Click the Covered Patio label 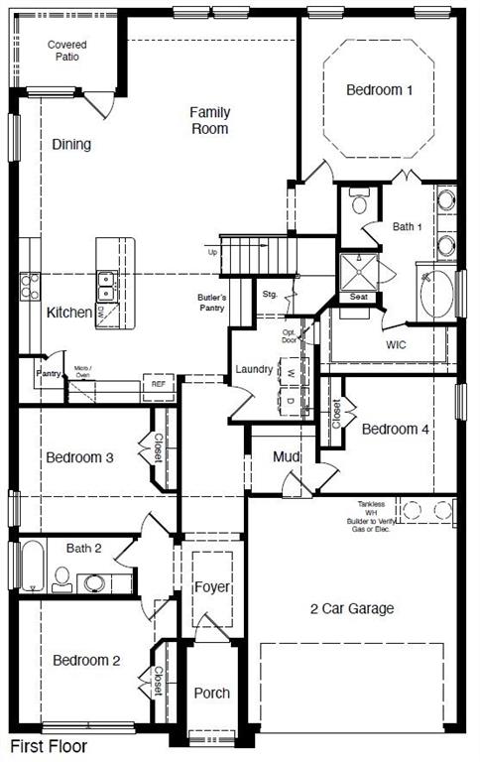coord(67,50)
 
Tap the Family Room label coord(209,120)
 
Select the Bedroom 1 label coord(379,90)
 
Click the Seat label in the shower coord(358,297)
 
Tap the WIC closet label coord(397,344)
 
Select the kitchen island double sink coord(107,286)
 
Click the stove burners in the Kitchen coord(27,287)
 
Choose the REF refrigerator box coord(158,384)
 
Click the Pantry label coord(49,373)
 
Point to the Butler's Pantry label coord(211,303)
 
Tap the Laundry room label coord(254,369)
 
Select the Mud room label coord(286,456)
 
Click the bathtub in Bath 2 coord(31,566)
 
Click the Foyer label coord(211,587)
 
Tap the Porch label coord(211,693)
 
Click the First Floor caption coord(49,746)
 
